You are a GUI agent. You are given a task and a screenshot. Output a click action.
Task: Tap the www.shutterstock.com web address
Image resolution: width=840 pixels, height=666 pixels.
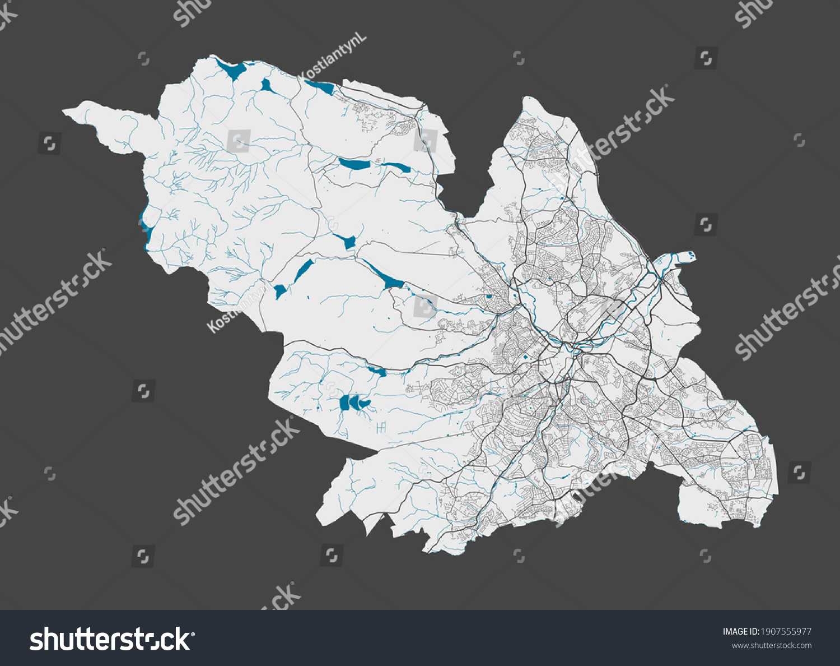771,645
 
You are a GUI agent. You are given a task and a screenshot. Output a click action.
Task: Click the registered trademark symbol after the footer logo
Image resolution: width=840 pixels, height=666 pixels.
194,634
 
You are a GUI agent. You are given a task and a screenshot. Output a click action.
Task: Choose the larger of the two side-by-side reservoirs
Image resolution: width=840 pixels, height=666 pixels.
354,164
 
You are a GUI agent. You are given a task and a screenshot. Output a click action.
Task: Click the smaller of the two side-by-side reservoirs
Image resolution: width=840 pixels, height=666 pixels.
397,166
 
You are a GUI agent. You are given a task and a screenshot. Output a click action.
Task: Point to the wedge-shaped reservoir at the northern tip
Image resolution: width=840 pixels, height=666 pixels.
231,70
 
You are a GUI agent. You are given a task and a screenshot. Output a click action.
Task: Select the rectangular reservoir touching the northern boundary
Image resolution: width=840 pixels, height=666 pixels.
320,87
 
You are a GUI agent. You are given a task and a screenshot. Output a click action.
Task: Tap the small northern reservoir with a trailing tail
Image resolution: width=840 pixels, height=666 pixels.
267,86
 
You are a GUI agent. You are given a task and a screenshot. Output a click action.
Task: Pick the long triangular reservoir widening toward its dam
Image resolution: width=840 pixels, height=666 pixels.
384,277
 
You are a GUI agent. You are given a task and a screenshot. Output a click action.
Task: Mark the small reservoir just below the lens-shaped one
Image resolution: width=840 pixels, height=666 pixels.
280,290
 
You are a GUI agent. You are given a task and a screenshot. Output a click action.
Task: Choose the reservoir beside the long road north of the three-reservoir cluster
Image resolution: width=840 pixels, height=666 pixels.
376,371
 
